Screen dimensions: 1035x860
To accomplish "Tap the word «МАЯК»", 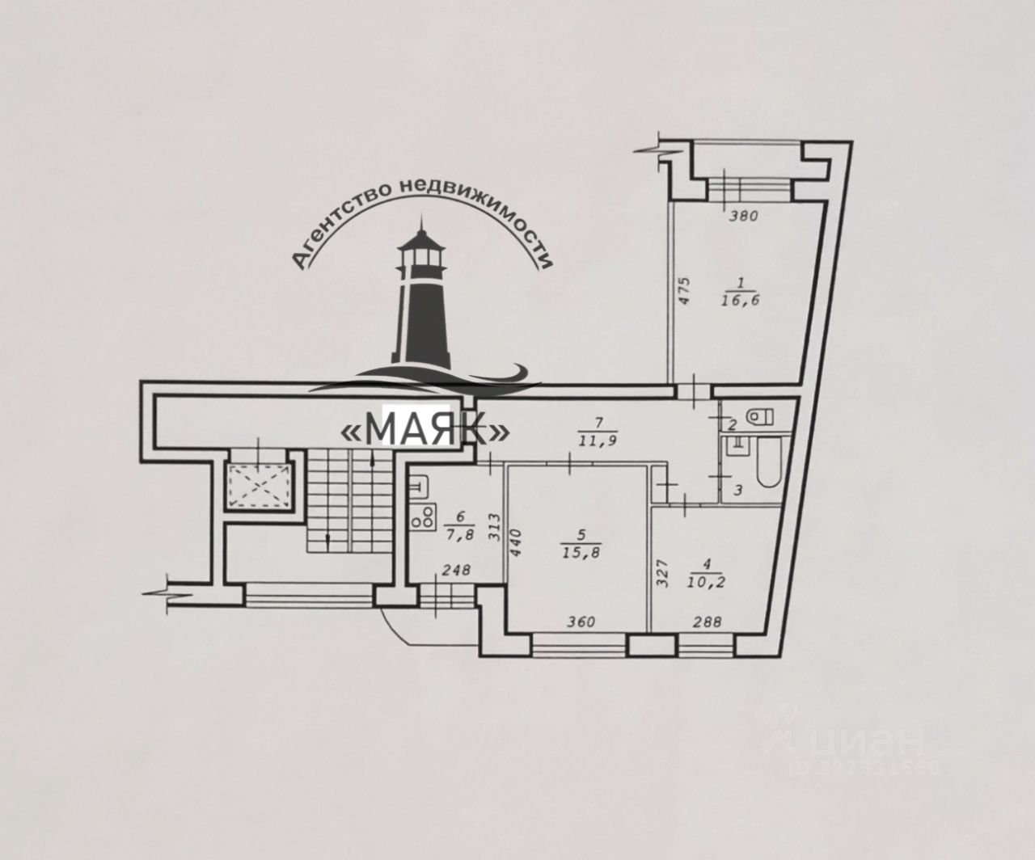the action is [x=426, y=429].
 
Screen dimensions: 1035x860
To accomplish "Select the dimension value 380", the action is [x=741, y=216].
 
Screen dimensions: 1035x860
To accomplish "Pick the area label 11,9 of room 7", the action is [x=598, y=441].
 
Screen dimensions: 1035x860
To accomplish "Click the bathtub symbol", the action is [x=767, y=462].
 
